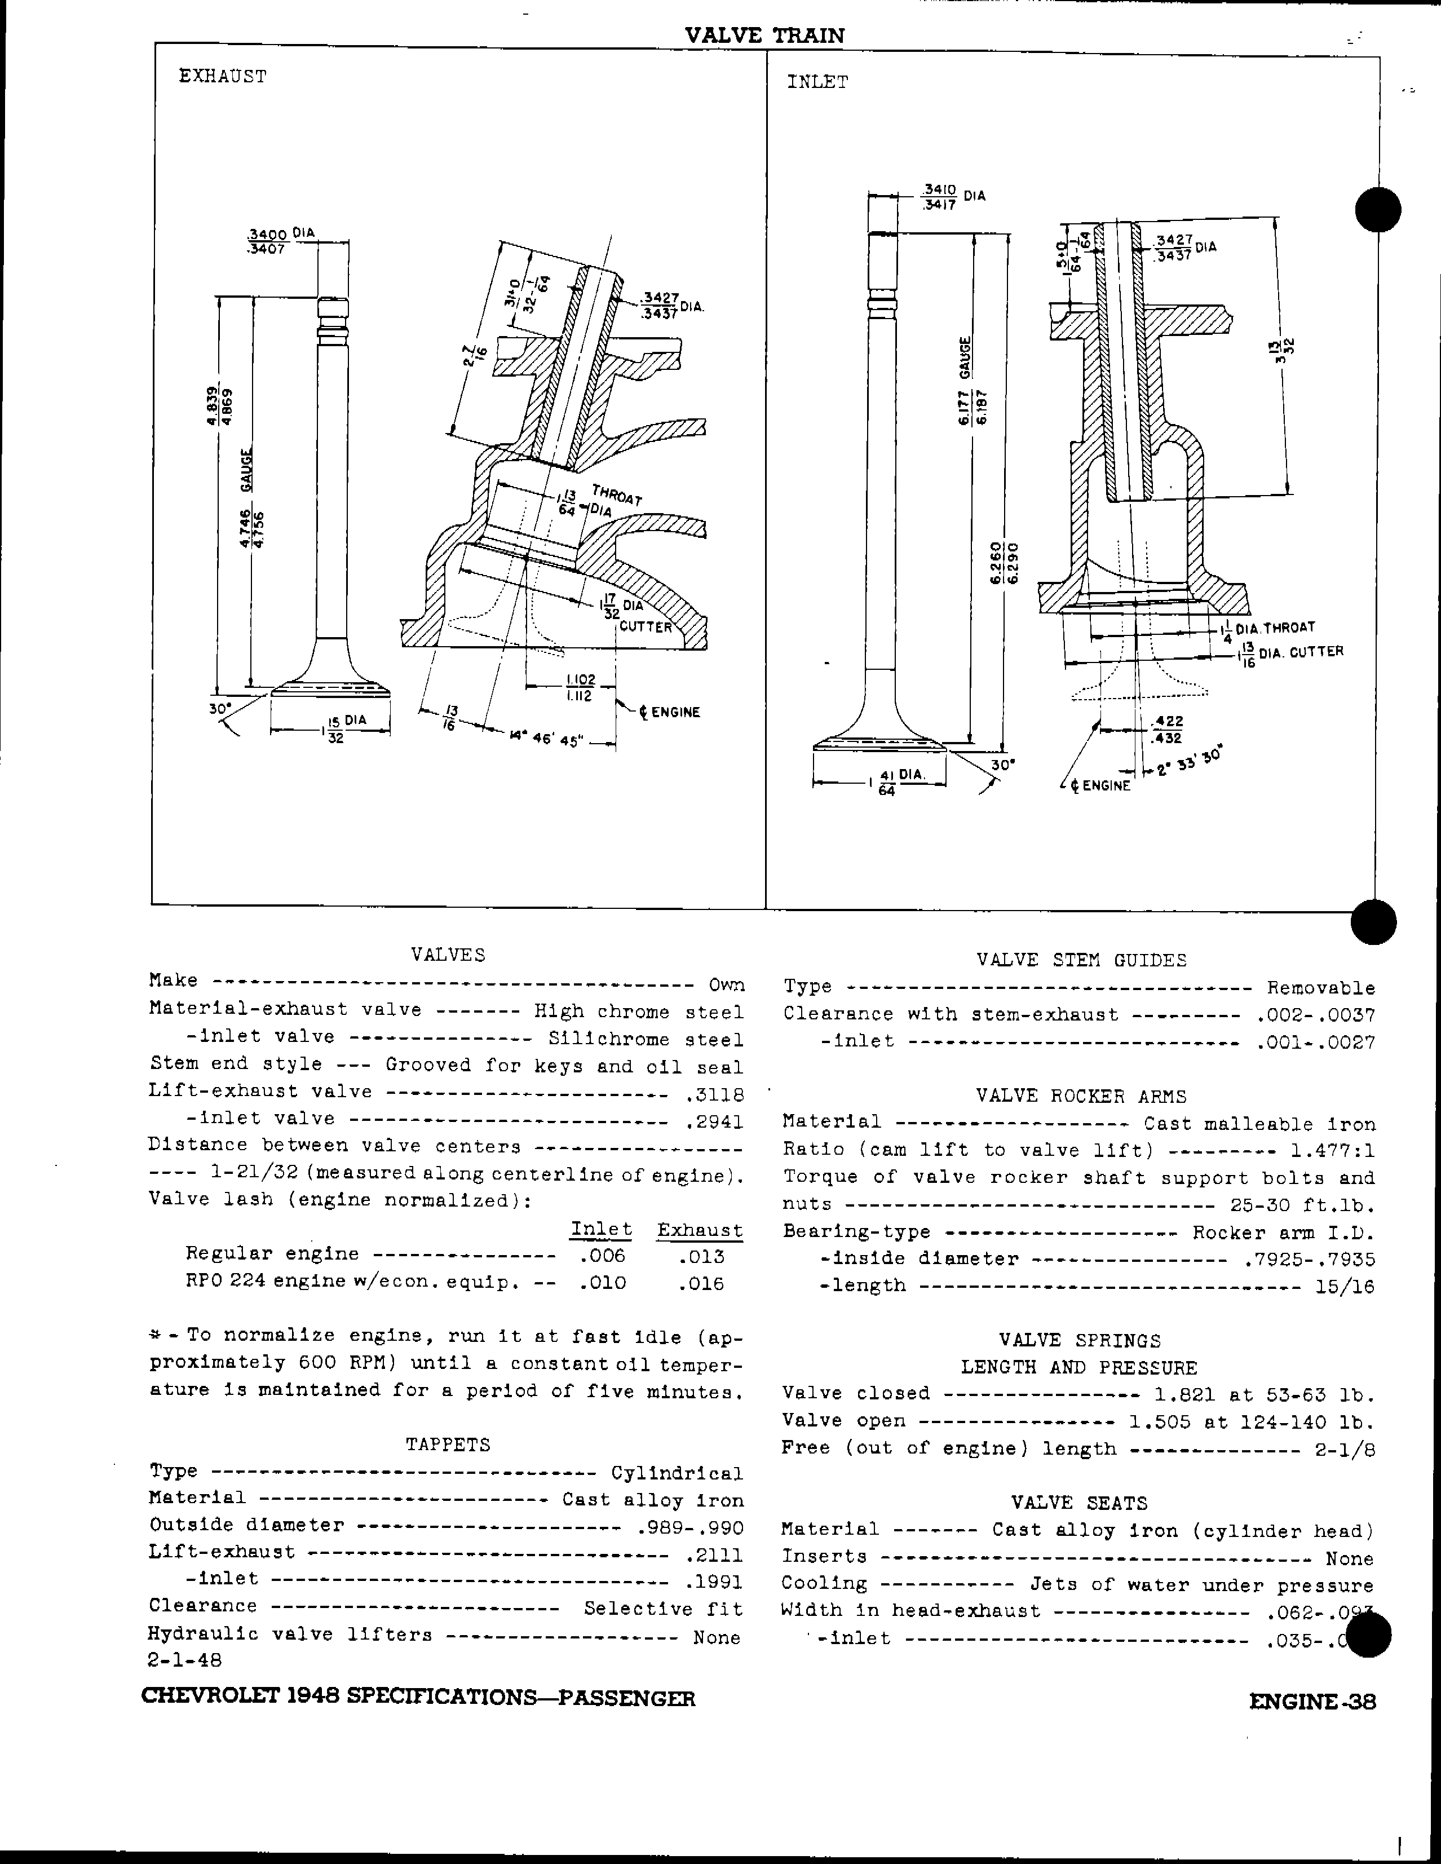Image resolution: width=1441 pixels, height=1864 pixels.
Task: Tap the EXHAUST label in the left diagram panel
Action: point(223,77)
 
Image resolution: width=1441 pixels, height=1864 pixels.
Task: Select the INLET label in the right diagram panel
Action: point(817,82)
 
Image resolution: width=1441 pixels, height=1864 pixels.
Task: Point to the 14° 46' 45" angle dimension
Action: point(546,739)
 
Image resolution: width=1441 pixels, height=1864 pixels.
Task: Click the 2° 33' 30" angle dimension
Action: point(1190,762)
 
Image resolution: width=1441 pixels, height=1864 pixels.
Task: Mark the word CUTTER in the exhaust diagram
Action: point(646,626)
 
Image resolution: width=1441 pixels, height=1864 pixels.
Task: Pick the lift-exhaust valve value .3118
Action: point(714,1094)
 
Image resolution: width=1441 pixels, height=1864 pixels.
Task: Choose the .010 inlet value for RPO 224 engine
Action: point(602,1283)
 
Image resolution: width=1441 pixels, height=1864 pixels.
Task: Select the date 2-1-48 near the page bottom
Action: point(185,1659)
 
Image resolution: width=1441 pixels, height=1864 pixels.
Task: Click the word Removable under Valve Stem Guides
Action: point(1321,988)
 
